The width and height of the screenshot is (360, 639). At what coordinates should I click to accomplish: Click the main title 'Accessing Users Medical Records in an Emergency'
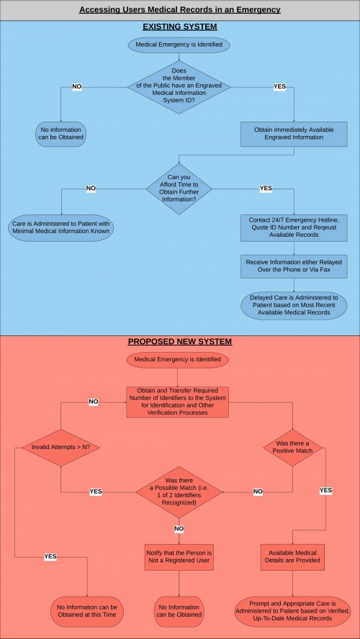180,9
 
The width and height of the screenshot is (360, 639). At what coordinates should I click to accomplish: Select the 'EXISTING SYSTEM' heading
180,27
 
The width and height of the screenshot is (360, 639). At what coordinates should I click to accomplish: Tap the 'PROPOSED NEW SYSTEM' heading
180,341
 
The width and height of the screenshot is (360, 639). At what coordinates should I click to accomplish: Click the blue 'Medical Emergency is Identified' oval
179,45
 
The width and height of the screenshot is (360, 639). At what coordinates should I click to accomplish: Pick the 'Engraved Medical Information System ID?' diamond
179,87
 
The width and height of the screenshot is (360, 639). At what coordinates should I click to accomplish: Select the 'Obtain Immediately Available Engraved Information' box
294,134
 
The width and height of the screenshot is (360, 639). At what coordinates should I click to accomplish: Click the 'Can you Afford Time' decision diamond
179,189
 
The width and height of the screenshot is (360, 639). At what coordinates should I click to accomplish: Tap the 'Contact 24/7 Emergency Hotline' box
294,228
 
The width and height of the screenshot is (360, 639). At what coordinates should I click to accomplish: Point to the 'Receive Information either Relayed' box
294,266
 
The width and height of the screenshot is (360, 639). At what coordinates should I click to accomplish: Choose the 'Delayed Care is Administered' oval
294,305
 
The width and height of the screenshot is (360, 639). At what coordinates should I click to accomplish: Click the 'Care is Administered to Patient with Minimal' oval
61,228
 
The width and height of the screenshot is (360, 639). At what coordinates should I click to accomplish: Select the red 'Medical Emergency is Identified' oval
177,360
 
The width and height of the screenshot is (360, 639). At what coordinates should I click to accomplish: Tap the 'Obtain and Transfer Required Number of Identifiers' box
177,402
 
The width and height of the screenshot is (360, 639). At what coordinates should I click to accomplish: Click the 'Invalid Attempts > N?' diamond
60,447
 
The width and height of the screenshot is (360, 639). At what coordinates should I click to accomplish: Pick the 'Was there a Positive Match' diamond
292,447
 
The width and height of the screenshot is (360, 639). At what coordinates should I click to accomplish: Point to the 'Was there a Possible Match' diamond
179,492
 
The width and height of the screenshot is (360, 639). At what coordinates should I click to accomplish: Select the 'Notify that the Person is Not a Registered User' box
179,557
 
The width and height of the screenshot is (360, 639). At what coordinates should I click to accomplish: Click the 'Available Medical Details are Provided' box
292,557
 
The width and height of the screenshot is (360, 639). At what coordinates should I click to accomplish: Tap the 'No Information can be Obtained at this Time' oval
87,611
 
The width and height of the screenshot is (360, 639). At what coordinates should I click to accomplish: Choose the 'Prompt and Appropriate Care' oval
292,611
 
